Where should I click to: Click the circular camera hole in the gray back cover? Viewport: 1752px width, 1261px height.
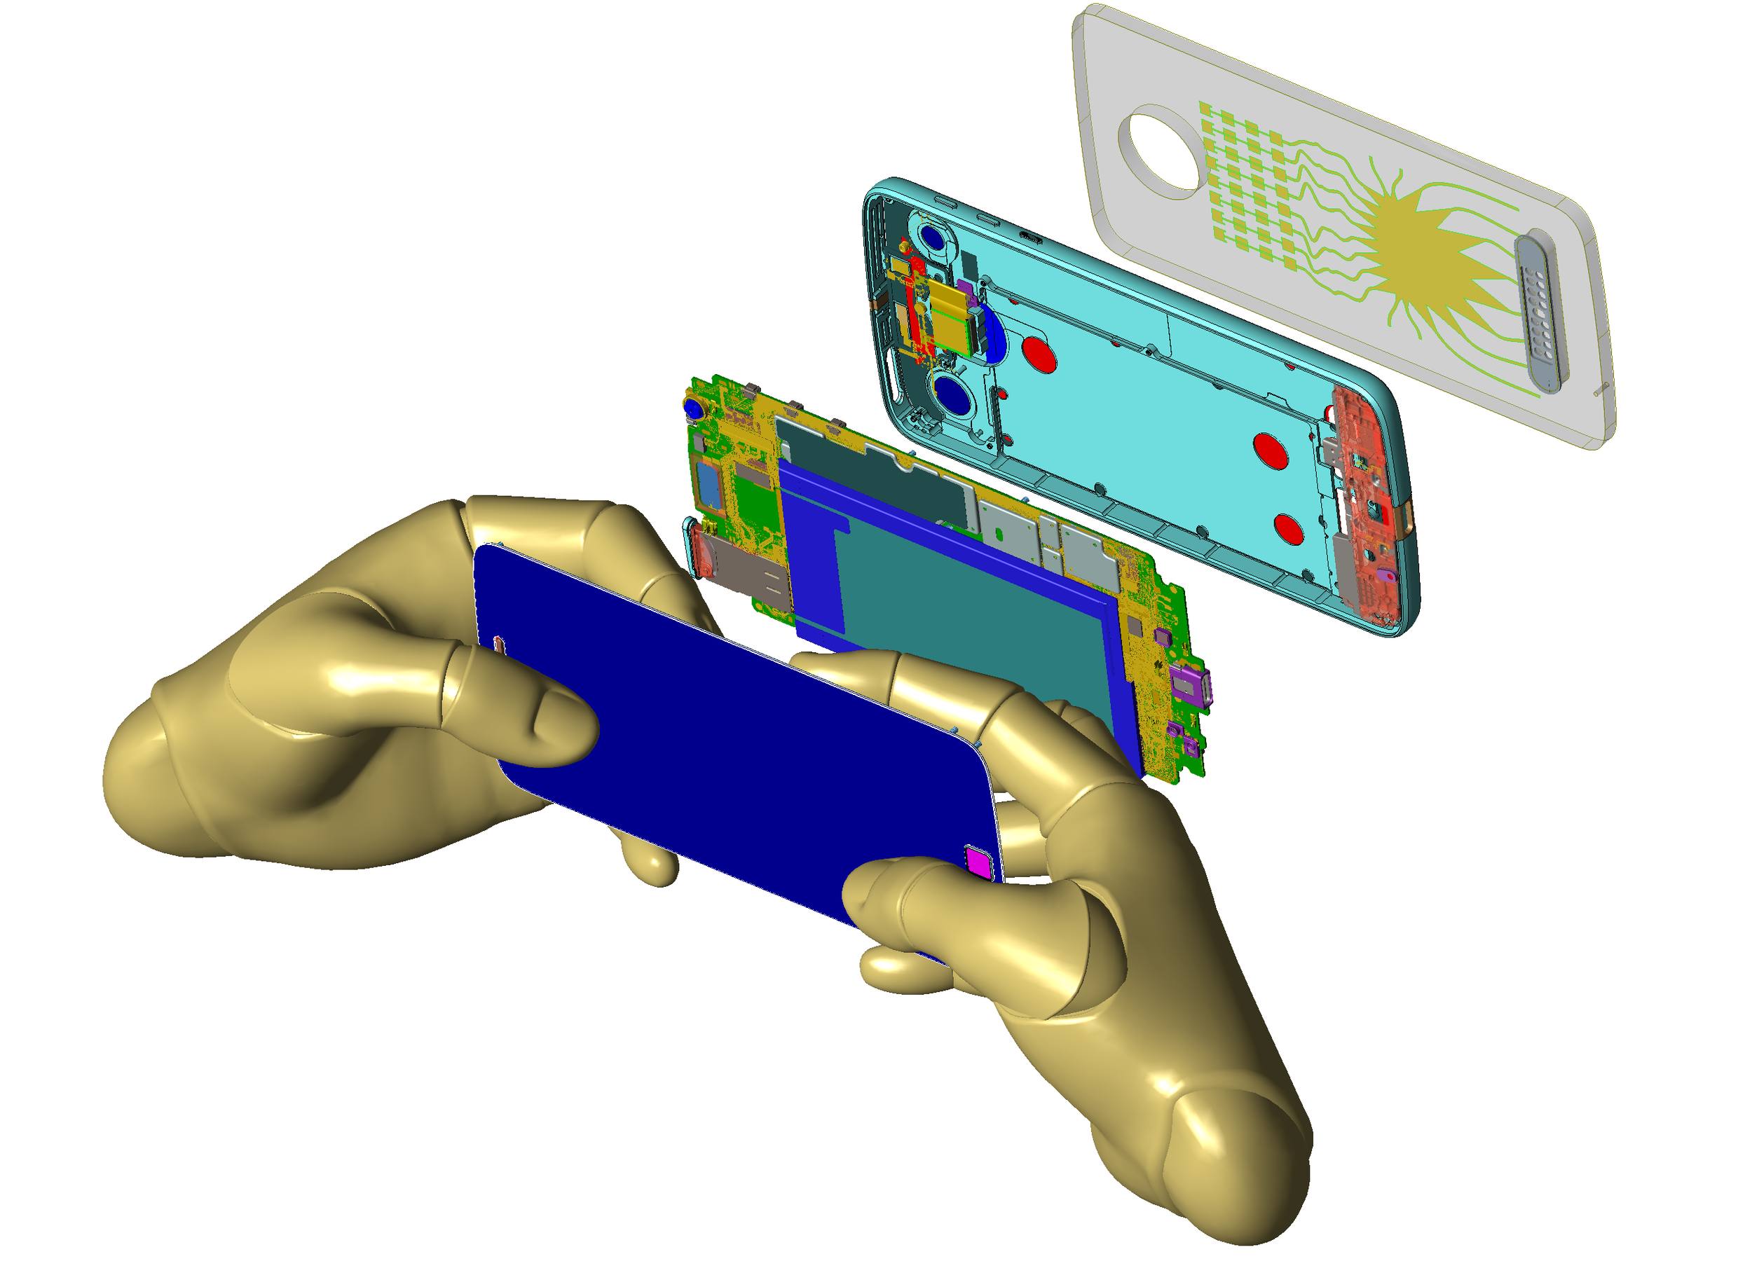[x=1161, y=153]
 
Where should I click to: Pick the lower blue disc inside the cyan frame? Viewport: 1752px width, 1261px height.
[x=957, y=398]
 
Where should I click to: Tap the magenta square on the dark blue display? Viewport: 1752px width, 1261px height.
[x=979, y=862]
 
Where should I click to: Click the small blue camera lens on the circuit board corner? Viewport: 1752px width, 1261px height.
[x=693, y=408]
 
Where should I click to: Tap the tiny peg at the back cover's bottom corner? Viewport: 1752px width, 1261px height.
[x=1601, y=391]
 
